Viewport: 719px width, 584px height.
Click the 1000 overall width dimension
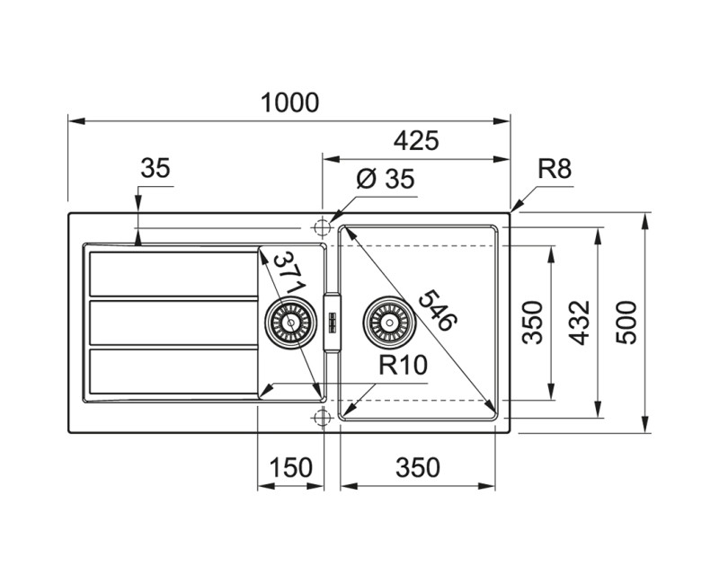tap(290, 102)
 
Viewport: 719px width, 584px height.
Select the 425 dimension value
tap(415, 140)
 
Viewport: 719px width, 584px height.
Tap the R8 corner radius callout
tap(555, 168)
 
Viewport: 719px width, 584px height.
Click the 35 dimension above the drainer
tap(155, 168)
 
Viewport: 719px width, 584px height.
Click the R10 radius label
tap(402, 365)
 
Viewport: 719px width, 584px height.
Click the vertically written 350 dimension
tap(533, 322)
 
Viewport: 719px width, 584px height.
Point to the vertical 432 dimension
tap(580, 322)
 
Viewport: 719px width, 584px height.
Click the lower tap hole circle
tap(323, 415)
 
